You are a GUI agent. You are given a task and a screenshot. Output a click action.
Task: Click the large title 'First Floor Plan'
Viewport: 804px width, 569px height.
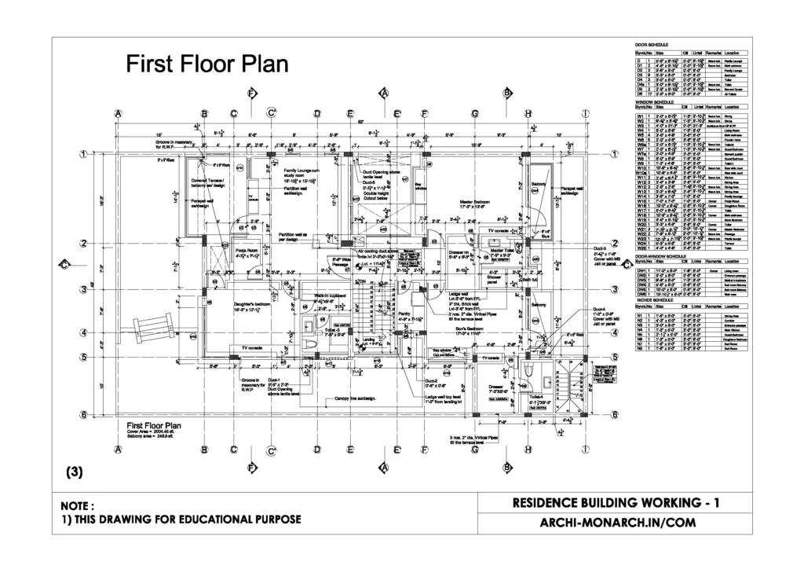click(207, 64)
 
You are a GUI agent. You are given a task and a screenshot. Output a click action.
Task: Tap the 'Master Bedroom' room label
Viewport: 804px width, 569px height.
click(476, 204)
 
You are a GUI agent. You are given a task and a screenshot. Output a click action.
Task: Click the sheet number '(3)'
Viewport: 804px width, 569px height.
click(73, 473)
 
